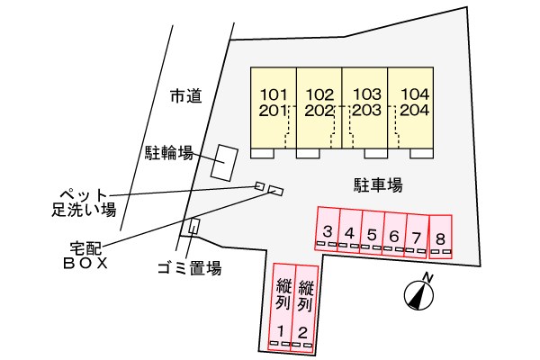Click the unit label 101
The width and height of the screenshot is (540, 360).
[274, 94]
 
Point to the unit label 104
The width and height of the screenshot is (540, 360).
[414, 94]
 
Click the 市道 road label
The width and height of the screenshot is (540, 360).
[184, 94]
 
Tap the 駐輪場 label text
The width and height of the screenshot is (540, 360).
[169, 153]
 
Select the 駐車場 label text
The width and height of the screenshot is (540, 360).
[377, 185]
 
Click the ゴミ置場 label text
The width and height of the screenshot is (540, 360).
[188, 267]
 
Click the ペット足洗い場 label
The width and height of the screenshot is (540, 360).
[83, 202]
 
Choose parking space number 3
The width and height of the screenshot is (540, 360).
[328, 232]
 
